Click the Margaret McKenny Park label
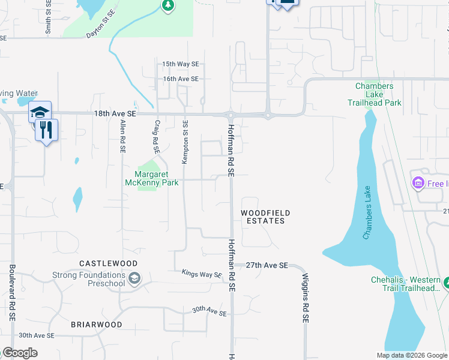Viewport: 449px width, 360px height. [151, 179]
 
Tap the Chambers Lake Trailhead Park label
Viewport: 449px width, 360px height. [374, 94]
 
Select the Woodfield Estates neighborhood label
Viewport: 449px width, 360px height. [266, 217]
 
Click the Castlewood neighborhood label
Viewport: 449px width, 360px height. [109, 263]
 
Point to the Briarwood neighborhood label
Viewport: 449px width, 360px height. [97, 325]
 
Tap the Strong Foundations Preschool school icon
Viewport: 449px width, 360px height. [134, 278]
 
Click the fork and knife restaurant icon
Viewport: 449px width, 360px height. [46, 129]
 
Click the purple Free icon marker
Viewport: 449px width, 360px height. [417, 182]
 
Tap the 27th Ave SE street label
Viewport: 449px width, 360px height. [268, 265]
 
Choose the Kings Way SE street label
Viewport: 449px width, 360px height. [202, 274]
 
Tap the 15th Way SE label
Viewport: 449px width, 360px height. [180, 64]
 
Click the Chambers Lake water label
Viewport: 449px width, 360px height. [367, 213]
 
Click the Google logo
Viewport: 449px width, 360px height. [20, 353]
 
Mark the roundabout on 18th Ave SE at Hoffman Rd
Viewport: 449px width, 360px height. [230, 115]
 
